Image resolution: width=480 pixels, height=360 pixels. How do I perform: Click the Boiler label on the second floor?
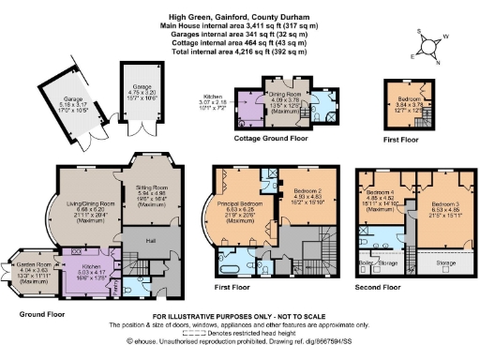coord(365,265)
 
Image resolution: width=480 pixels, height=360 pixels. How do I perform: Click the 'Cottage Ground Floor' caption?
coord(272,138)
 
